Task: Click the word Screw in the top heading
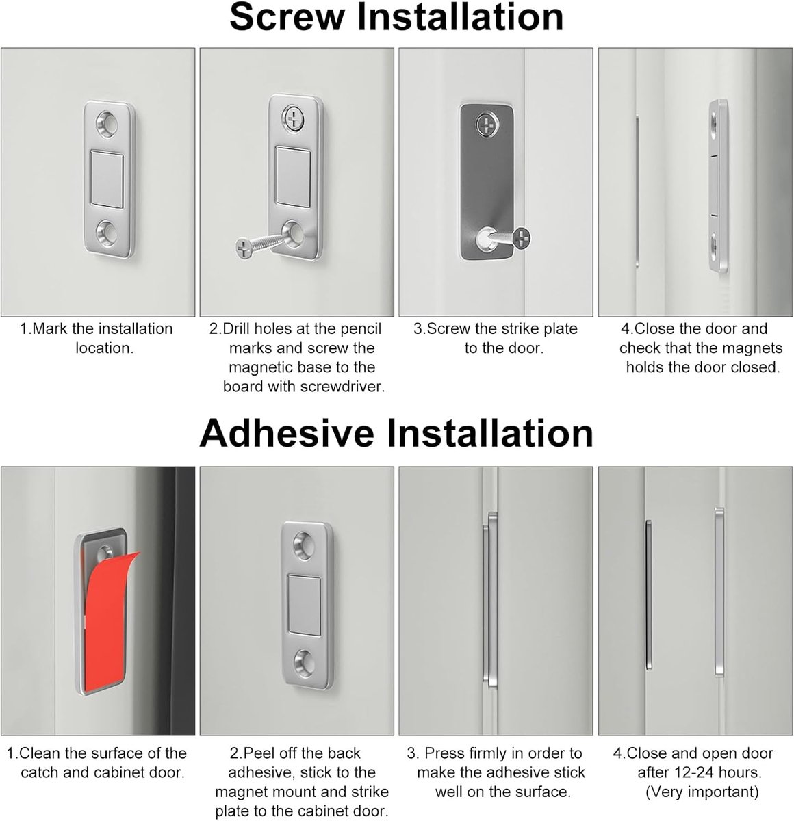[287, 17]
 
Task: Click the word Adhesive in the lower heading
[287, 434]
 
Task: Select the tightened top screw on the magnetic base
[294, 118]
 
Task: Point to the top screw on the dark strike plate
[487, 125]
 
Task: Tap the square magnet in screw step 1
[107, 179]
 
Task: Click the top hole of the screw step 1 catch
[107, 125]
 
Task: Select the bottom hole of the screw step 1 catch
[107, 233]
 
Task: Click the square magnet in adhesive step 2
[304, 605]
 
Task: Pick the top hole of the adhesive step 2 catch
[305, 544]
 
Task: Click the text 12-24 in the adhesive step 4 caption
[693, 772]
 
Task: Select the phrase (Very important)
[702, 792]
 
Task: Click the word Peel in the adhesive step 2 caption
[258, 753]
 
